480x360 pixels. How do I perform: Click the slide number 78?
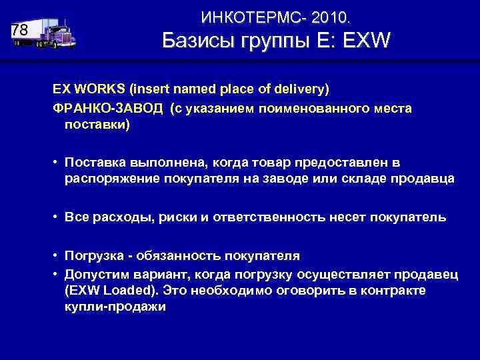click(20, 31)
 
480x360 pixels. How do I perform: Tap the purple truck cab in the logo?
click(61, 36)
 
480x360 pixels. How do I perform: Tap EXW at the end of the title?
click(365, 41)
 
